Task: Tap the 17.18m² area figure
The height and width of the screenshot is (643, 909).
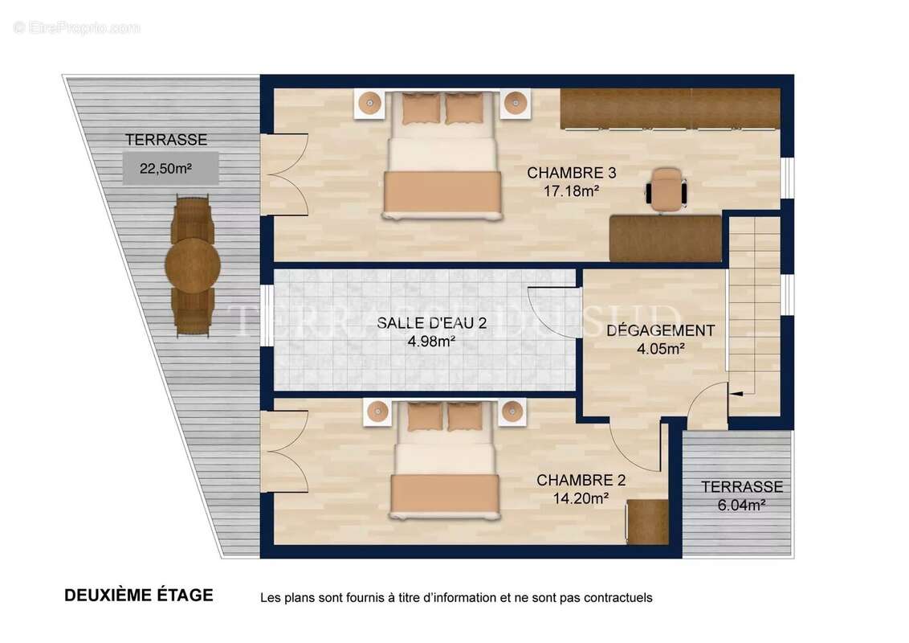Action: click(572, 190)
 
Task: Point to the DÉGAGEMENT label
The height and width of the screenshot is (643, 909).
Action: click(660, 330)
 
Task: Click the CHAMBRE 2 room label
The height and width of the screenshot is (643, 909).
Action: click(581, 481)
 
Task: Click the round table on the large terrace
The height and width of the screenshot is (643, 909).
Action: click(193, 265)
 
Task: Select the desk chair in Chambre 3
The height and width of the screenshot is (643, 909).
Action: click(666, 190)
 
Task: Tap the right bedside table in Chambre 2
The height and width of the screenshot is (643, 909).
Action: click(511, 412)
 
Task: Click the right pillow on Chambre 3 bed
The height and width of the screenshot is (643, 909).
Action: click(463, 108)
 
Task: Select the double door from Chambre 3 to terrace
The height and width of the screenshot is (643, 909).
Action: click(284, 174)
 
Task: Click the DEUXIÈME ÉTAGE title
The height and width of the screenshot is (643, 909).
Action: click(139, 596)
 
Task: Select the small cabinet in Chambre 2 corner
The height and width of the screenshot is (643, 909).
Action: click(647, 522)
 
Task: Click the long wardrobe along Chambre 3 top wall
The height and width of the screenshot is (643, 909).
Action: click(670, 109)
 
